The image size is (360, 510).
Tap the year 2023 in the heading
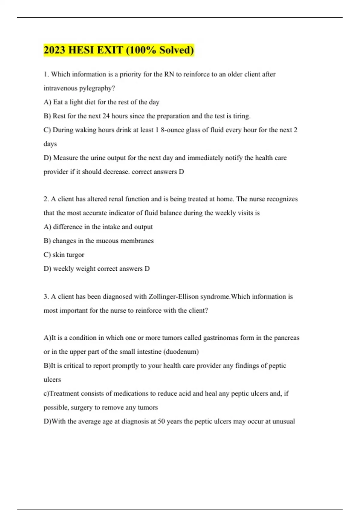pyautogui.click(x=55, y=50)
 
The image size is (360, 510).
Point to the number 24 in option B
pyautogui.click(x=106, y=116)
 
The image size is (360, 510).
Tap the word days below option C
pyautogui.click(x=50, y=144)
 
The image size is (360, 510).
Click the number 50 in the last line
pyautogui.click(x=161, y=421)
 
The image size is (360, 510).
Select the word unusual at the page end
pyautogui.click(x=283, y=421)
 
